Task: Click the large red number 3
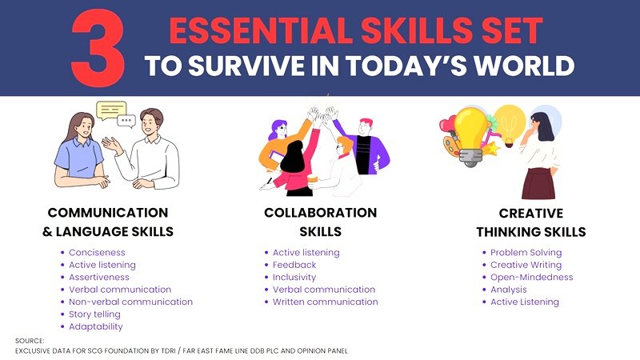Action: click(x=98, y=48)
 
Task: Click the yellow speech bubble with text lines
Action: click(x=110, y=110)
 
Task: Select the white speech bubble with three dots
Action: click(x=126, y=121)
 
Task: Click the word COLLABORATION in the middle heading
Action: click(x=321, y=213)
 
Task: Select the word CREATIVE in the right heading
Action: click(x=531, y=214)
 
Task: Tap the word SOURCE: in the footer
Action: click(x=30, y=341)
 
